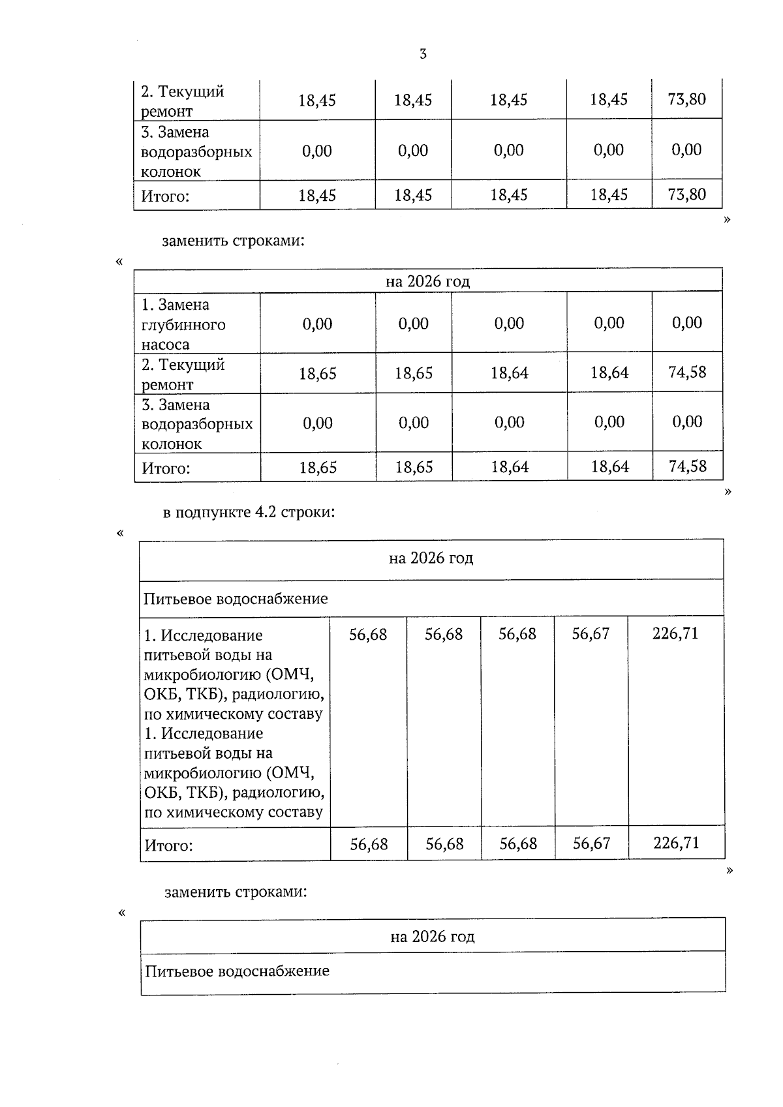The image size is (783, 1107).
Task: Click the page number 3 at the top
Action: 423,54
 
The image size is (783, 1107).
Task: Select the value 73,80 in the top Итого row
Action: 686,194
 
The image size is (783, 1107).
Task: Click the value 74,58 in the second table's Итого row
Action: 687,466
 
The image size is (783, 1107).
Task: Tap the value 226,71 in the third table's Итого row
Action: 676,843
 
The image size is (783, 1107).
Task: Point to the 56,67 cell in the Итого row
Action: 591,843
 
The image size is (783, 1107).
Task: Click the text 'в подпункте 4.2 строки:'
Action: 249,512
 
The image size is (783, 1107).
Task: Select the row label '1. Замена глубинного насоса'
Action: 184,324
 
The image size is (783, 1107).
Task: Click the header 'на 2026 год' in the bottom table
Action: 433,937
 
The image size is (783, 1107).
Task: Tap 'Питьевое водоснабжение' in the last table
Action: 237,971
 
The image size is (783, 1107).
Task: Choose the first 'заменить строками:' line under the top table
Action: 233,241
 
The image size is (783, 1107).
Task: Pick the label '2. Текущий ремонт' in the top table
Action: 183,101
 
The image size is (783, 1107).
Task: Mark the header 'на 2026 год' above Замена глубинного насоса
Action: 427,281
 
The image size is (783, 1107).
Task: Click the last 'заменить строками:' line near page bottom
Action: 236,892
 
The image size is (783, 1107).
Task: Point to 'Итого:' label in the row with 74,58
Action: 166,468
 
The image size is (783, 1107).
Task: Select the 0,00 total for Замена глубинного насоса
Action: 687,323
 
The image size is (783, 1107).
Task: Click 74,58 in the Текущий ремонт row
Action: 687,372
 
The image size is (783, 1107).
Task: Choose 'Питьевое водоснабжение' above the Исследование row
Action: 236,599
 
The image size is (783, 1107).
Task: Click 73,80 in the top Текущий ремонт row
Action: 686,99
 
